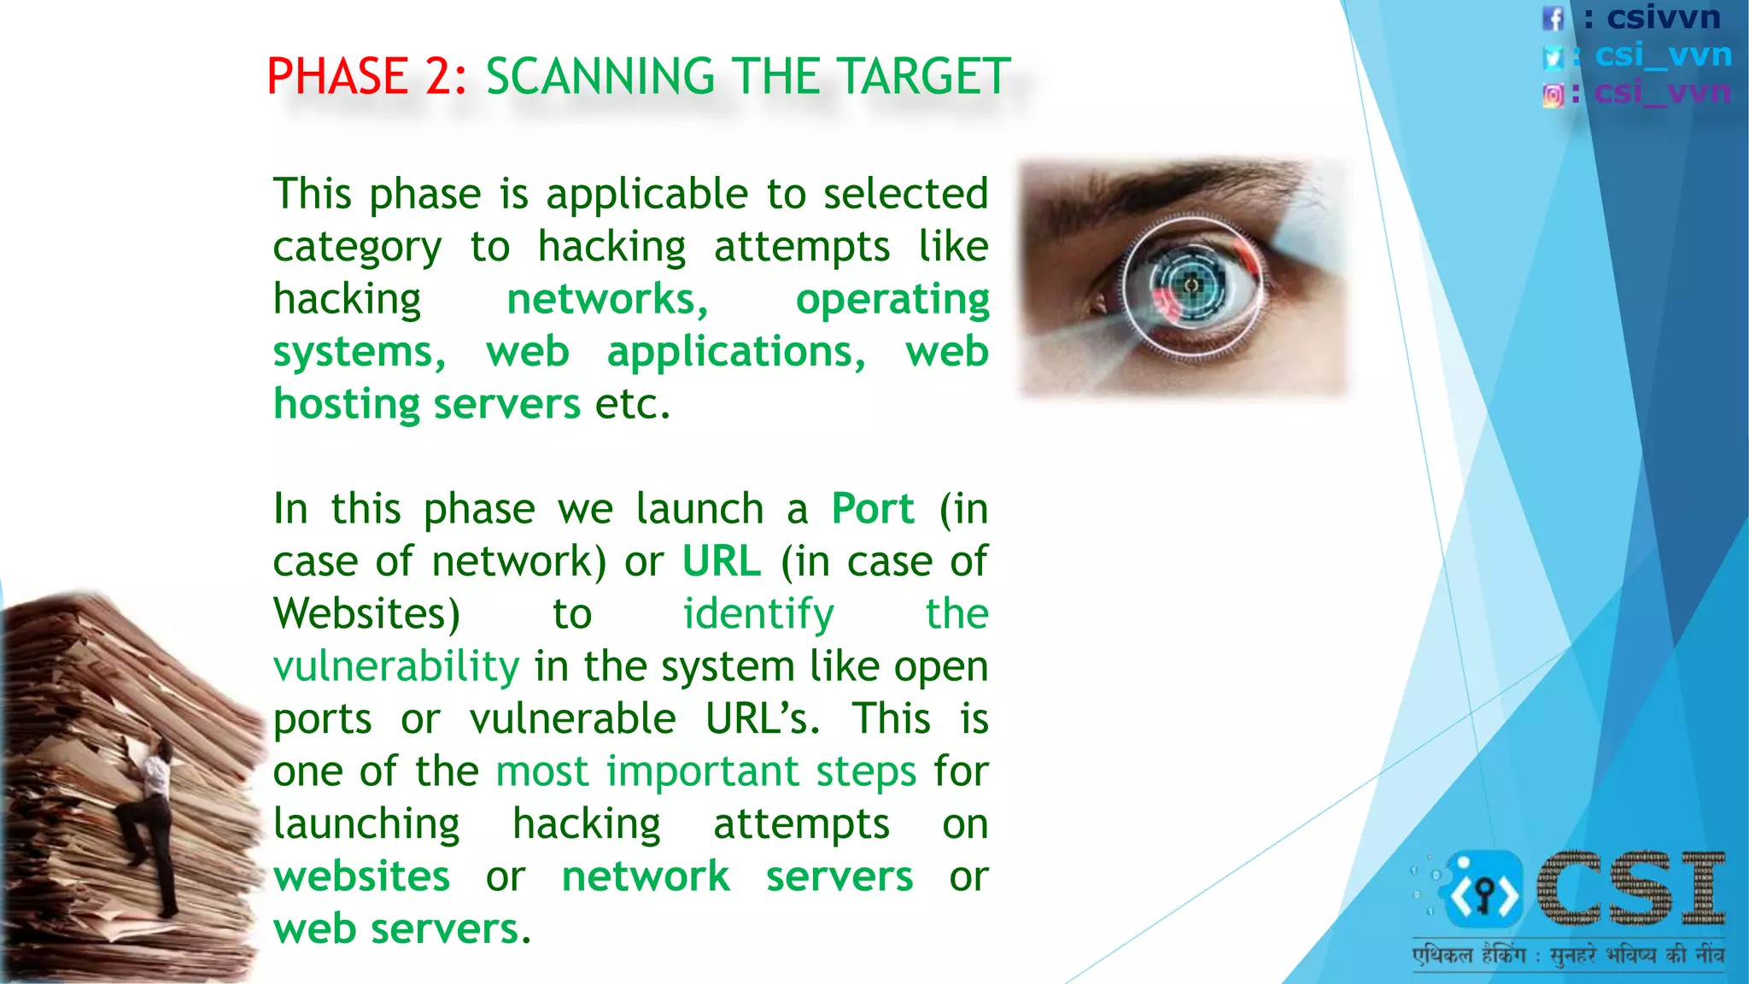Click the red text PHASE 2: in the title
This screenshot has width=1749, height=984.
366,77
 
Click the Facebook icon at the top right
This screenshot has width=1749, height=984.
1553,18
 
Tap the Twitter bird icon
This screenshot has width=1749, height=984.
1553,57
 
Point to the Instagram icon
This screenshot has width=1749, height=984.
1553,95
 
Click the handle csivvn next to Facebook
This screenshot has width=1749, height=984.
1663,17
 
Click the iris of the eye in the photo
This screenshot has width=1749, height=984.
1191,284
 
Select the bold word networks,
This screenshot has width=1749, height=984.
607,300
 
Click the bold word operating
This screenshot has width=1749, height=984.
892,300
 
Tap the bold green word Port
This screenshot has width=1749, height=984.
873,509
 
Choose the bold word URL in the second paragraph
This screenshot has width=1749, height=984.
722,562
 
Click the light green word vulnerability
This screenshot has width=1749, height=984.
396,667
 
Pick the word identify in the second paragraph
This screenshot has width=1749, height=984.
758,614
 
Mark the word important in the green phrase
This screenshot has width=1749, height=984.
703,772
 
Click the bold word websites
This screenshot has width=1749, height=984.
362,877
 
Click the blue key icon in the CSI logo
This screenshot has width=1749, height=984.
1484,891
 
